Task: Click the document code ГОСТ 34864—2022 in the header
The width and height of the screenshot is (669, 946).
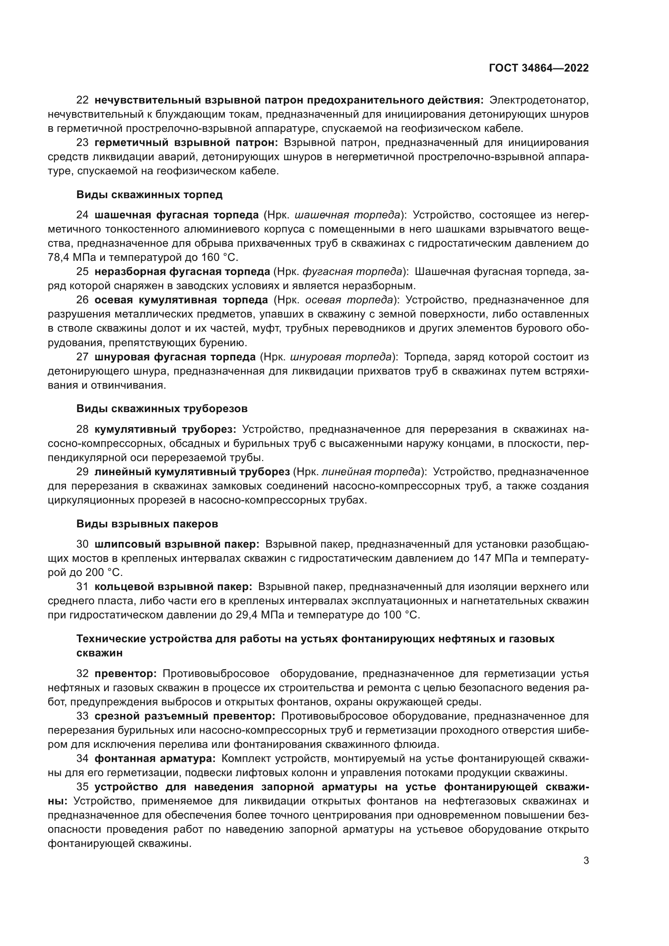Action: point(538,68)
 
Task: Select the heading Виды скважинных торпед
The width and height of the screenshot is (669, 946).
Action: point(149,195)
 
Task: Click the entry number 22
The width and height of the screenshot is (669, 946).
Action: point(83,100)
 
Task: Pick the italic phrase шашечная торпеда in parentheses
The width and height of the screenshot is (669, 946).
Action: point(348,215)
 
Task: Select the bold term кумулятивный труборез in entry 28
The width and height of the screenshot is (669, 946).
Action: point(165,430)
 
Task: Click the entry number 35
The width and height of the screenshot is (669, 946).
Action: point(83,787)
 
